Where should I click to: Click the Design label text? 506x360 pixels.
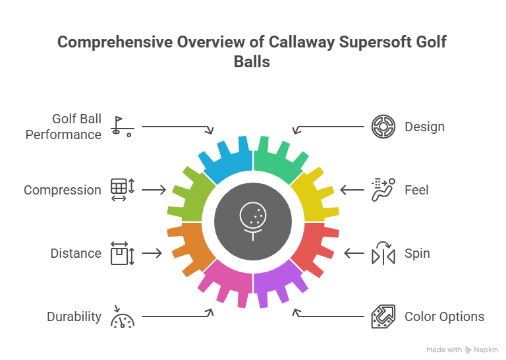424,127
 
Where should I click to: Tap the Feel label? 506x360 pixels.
416,190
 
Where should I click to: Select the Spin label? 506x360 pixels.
416,253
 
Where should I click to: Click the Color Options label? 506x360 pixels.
444,316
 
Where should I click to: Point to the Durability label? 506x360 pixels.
74,316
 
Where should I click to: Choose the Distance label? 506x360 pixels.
76,253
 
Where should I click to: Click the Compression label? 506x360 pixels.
63,190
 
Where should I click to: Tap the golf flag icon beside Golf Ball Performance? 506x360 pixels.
122,126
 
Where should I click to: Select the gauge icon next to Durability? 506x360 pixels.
122,317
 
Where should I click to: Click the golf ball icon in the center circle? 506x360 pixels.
253,219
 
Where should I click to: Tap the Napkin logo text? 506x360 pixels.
484,350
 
